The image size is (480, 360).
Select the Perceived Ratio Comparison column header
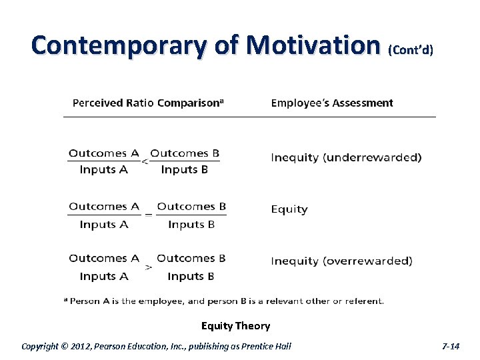[148, 103]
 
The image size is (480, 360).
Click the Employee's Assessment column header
[331, 103]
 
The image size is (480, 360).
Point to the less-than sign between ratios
[145, 161]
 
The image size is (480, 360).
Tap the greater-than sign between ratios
[148, 267]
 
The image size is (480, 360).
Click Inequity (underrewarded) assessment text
[346, 158]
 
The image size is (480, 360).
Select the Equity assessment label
[289, 209]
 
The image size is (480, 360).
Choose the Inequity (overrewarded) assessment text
[341, 261]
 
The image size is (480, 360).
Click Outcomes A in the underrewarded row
[104, 153]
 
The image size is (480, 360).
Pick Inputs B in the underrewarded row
[185, 170]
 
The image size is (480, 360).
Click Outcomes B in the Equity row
[191, 206]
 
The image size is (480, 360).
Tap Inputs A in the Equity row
[104, 225]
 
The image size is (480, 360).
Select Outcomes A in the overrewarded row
[104, 258]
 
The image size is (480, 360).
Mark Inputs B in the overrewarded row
[191, 276]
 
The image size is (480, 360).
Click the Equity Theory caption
[235, 326]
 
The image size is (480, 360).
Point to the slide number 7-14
[451, 346]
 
